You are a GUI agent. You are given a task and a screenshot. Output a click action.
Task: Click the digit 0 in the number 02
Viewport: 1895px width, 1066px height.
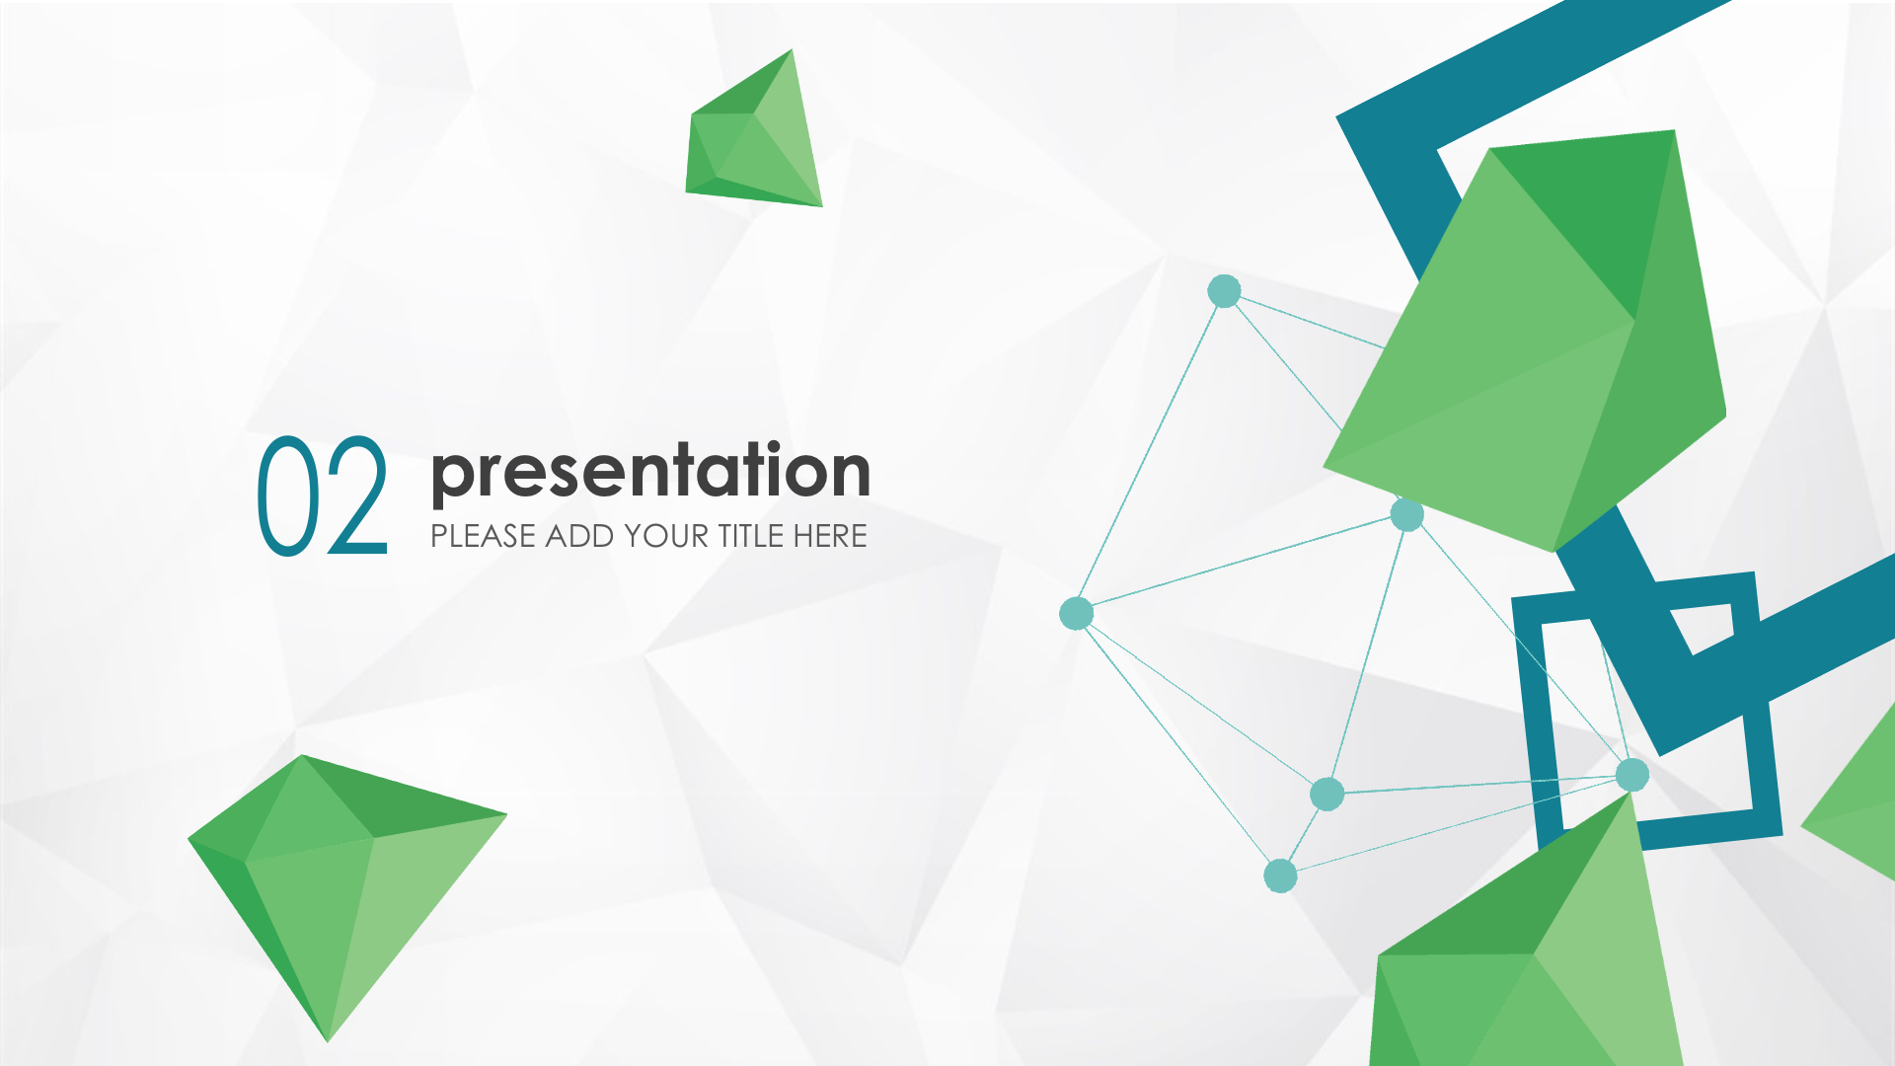(290, 495)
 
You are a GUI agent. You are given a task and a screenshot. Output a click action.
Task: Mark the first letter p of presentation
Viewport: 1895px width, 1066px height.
(451, 480)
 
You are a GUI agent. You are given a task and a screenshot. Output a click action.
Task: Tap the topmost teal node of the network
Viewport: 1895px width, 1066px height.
(1224, 291)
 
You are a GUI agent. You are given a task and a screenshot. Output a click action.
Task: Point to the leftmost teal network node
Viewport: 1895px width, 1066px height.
(1076, 613)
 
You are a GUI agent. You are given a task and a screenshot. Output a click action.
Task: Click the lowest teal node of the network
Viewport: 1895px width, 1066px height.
(1280, 876)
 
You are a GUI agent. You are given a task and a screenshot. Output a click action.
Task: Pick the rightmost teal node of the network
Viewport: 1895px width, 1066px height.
(1632, 775)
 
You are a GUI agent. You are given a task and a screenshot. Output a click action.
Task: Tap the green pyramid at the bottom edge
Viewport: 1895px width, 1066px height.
(1525, 948)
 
